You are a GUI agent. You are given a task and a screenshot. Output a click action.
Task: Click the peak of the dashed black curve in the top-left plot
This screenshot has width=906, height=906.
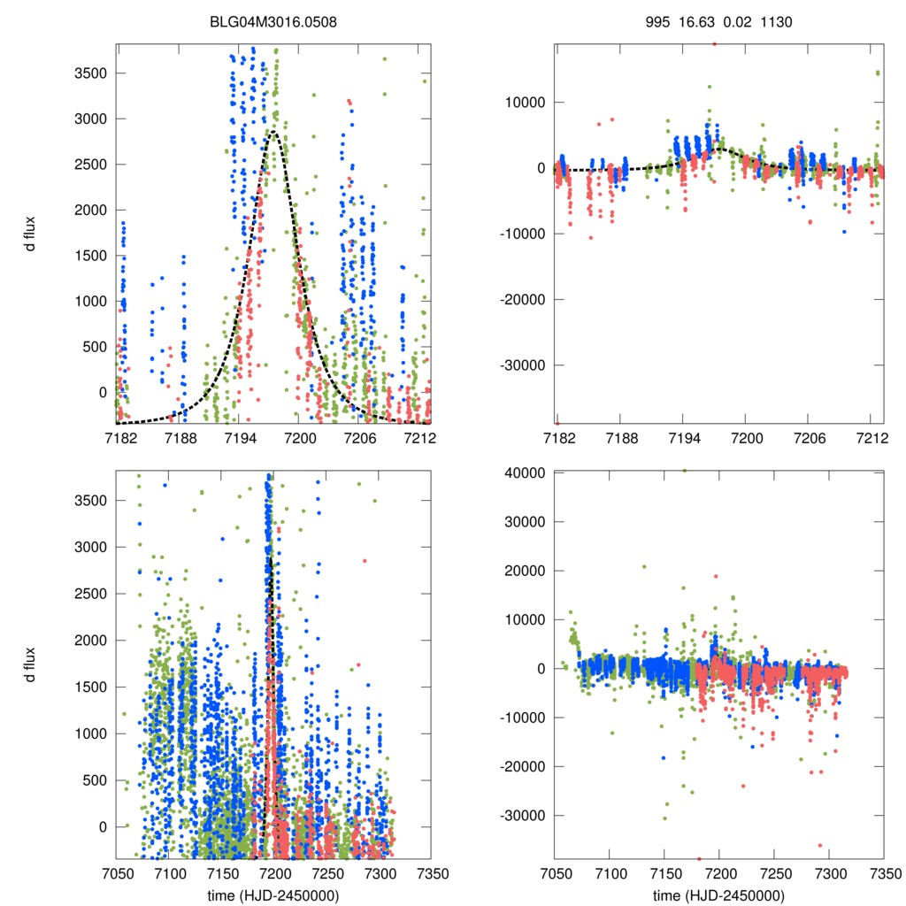(x=274, y=133)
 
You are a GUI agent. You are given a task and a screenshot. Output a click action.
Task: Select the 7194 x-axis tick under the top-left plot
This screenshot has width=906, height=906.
(x=239, y=438)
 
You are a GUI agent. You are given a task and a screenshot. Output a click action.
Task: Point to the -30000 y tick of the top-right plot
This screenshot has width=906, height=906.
(x=521, y=365)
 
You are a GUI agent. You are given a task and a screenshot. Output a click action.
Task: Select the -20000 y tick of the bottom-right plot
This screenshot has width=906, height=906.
(x=521, y=766)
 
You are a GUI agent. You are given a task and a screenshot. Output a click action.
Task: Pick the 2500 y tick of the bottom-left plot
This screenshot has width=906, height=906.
(x=92, y=594)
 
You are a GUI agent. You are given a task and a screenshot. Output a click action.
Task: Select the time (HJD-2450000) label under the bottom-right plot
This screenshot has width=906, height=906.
(x=718, y=894)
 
